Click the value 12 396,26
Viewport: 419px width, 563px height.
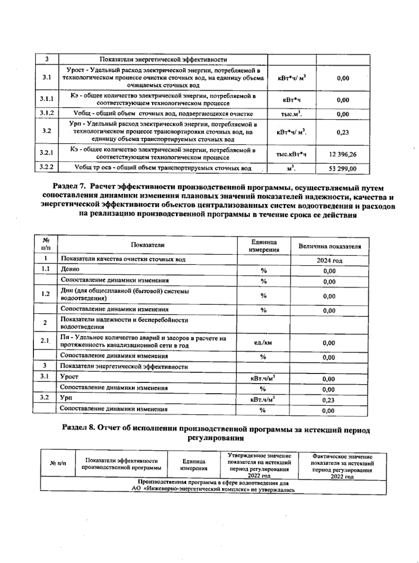tap(343, 154)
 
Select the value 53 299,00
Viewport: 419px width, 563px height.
tap(343, 169)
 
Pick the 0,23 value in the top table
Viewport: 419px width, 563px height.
tap(343, 132)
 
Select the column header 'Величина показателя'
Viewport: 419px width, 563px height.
tap(329, 247)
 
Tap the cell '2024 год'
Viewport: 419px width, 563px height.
tap(329, 261)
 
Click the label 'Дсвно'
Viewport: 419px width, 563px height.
tap(70, 269)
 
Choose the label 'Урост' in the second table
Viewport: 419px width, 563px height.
tap(69, 377)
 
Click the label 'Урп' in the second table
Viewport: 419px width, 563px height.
tap(66, 398)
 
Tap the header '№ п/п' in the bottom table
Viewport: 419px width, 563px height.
tap(58, 464)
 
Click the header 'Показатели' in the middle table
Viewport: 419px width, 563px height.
tap(147, 245)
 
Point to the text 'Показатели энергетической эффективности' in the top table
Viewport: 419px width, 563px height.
tap(163, 60)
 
